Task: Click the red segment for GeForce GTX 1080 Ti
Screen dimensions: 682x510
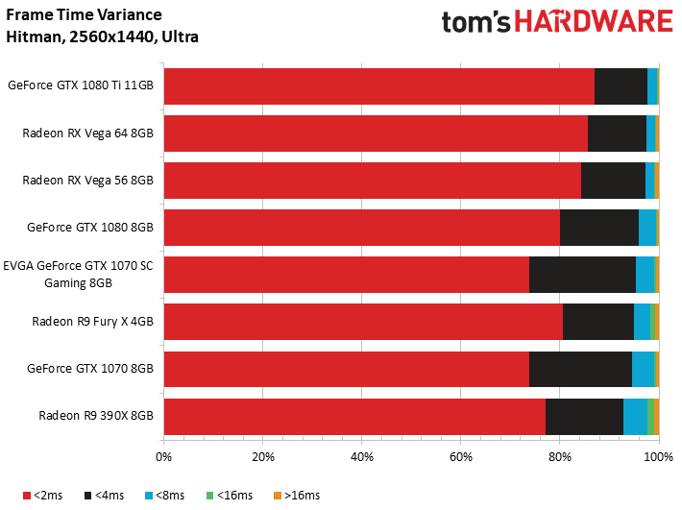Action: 379,86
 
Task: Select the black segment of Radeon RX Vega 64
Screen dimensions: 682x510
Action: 618,134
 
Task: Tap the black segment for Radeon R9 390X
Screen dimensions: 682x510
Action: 585,417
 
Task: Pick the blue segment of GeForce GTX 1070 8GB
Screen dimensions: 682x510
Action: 643,369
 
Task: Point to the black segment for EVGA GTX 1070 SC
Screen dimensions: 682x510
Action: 582,275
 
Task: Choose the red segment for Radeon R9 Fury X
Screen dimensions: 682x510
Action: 364,322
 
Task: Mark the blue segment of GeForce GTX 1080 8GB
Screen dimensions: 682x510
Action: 647,228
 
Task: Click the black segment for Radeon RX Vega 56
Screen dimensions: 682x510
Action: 613,181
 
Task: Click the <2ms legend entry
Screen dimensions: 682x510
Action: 42,496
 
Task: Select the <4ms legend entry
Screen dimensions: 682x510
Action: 104,496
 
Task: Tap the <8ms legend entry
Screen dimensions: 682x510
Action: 165,496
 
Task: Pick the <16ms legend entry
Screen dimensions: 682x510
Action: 230,496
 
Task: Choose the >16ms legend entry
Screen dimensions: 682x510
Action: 297,496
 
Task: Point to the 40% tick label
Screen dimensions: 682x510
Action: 362,457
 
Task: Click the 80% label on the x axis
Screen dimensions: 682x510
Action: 560,457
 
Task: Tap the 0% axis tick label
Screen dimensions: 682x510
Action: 163,457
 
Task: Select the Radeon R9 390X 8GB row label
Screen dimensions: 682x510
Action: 96,416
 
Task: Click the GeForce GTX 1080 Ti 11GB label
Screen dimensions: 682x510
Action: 81,85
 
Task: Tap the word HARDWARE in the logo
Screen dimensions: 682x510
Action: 594,21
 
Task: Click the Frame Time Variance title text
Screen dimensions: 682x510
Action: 84,14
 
